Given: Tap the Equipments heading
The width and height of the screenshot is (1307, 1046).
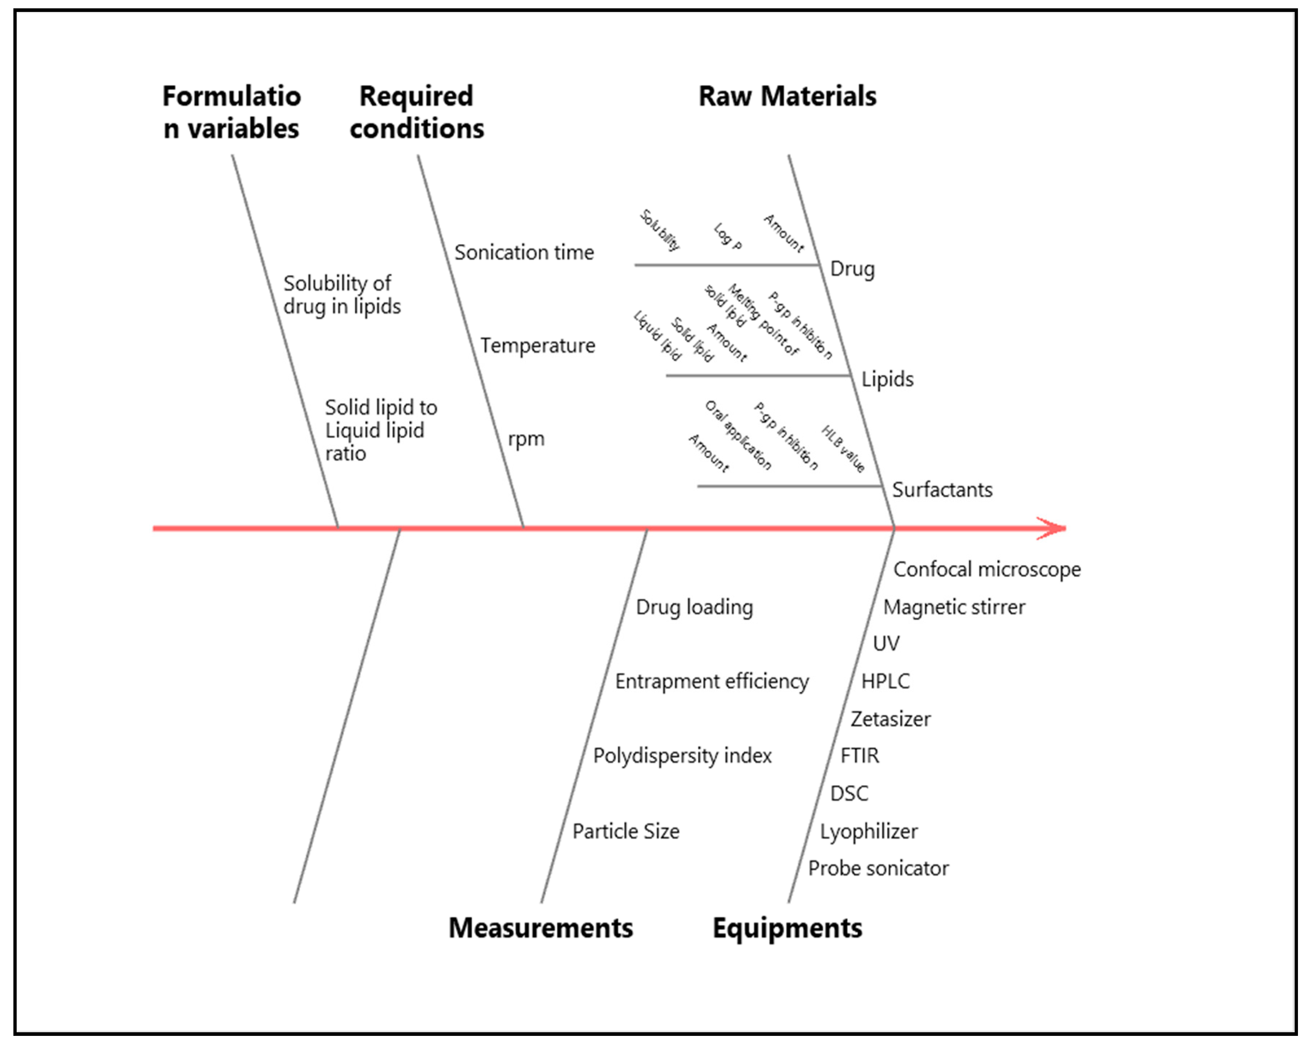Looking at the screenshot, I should (787, 928).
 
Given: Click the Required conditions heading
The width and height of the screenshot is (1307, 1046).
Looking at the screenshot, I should (417, 112).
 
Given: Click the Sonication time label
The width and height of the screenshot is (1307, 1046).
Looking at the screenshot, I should (524, 252).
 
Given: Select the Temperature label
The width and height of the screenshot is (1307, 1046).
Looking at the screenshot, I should (538, 346).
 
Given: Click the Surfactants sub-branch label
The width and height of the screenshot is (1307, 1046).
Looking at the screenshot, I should (942, 490).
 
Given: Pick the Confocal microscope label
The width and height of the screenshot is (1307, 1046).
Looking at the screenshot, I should (986, 569).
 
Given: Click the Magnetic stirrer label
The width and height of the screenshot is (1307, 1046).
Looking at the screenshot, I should (954, 607).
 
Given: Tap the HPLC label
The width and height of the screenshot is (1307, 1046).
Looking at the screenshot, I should (885, 681).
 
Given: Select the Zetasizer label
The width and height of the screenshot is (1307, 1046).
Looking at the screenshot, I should (890, 719).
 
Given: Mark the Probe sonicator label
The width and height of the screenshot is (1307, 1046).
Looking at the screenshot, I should (878, 868).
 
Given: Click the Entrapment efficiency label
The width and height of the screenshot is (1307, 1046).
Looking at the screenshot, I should (711, 681).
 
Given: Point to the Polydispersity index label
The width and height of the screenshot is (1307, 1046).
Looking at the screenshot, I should (682, 756).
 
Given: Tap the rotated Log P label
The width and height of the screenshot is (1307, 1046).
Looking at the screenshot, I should (728, 236).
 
